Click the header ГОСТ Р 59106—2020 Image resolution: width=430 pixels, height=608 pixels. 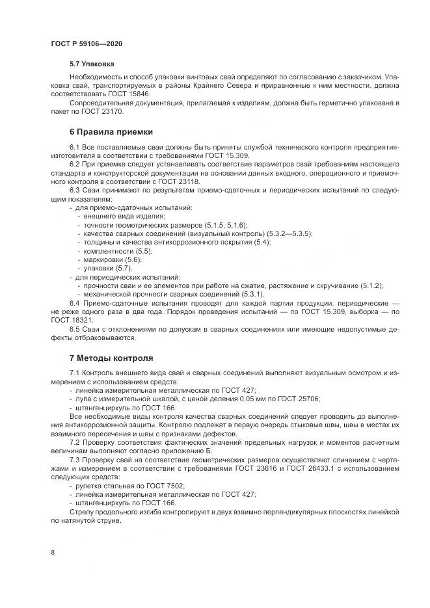[x=86, y=44]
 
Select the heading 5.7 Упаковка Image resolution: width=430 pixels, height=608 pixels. [x=92, y=65]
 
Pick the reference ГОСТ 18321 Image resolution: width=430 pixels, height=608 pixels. [x=72, y=321]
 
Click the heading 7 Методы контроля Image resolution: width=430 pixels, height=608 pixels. [x=111, y=358]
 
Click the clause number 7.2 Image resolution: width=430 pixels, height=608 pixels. [x=75, y=442]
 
